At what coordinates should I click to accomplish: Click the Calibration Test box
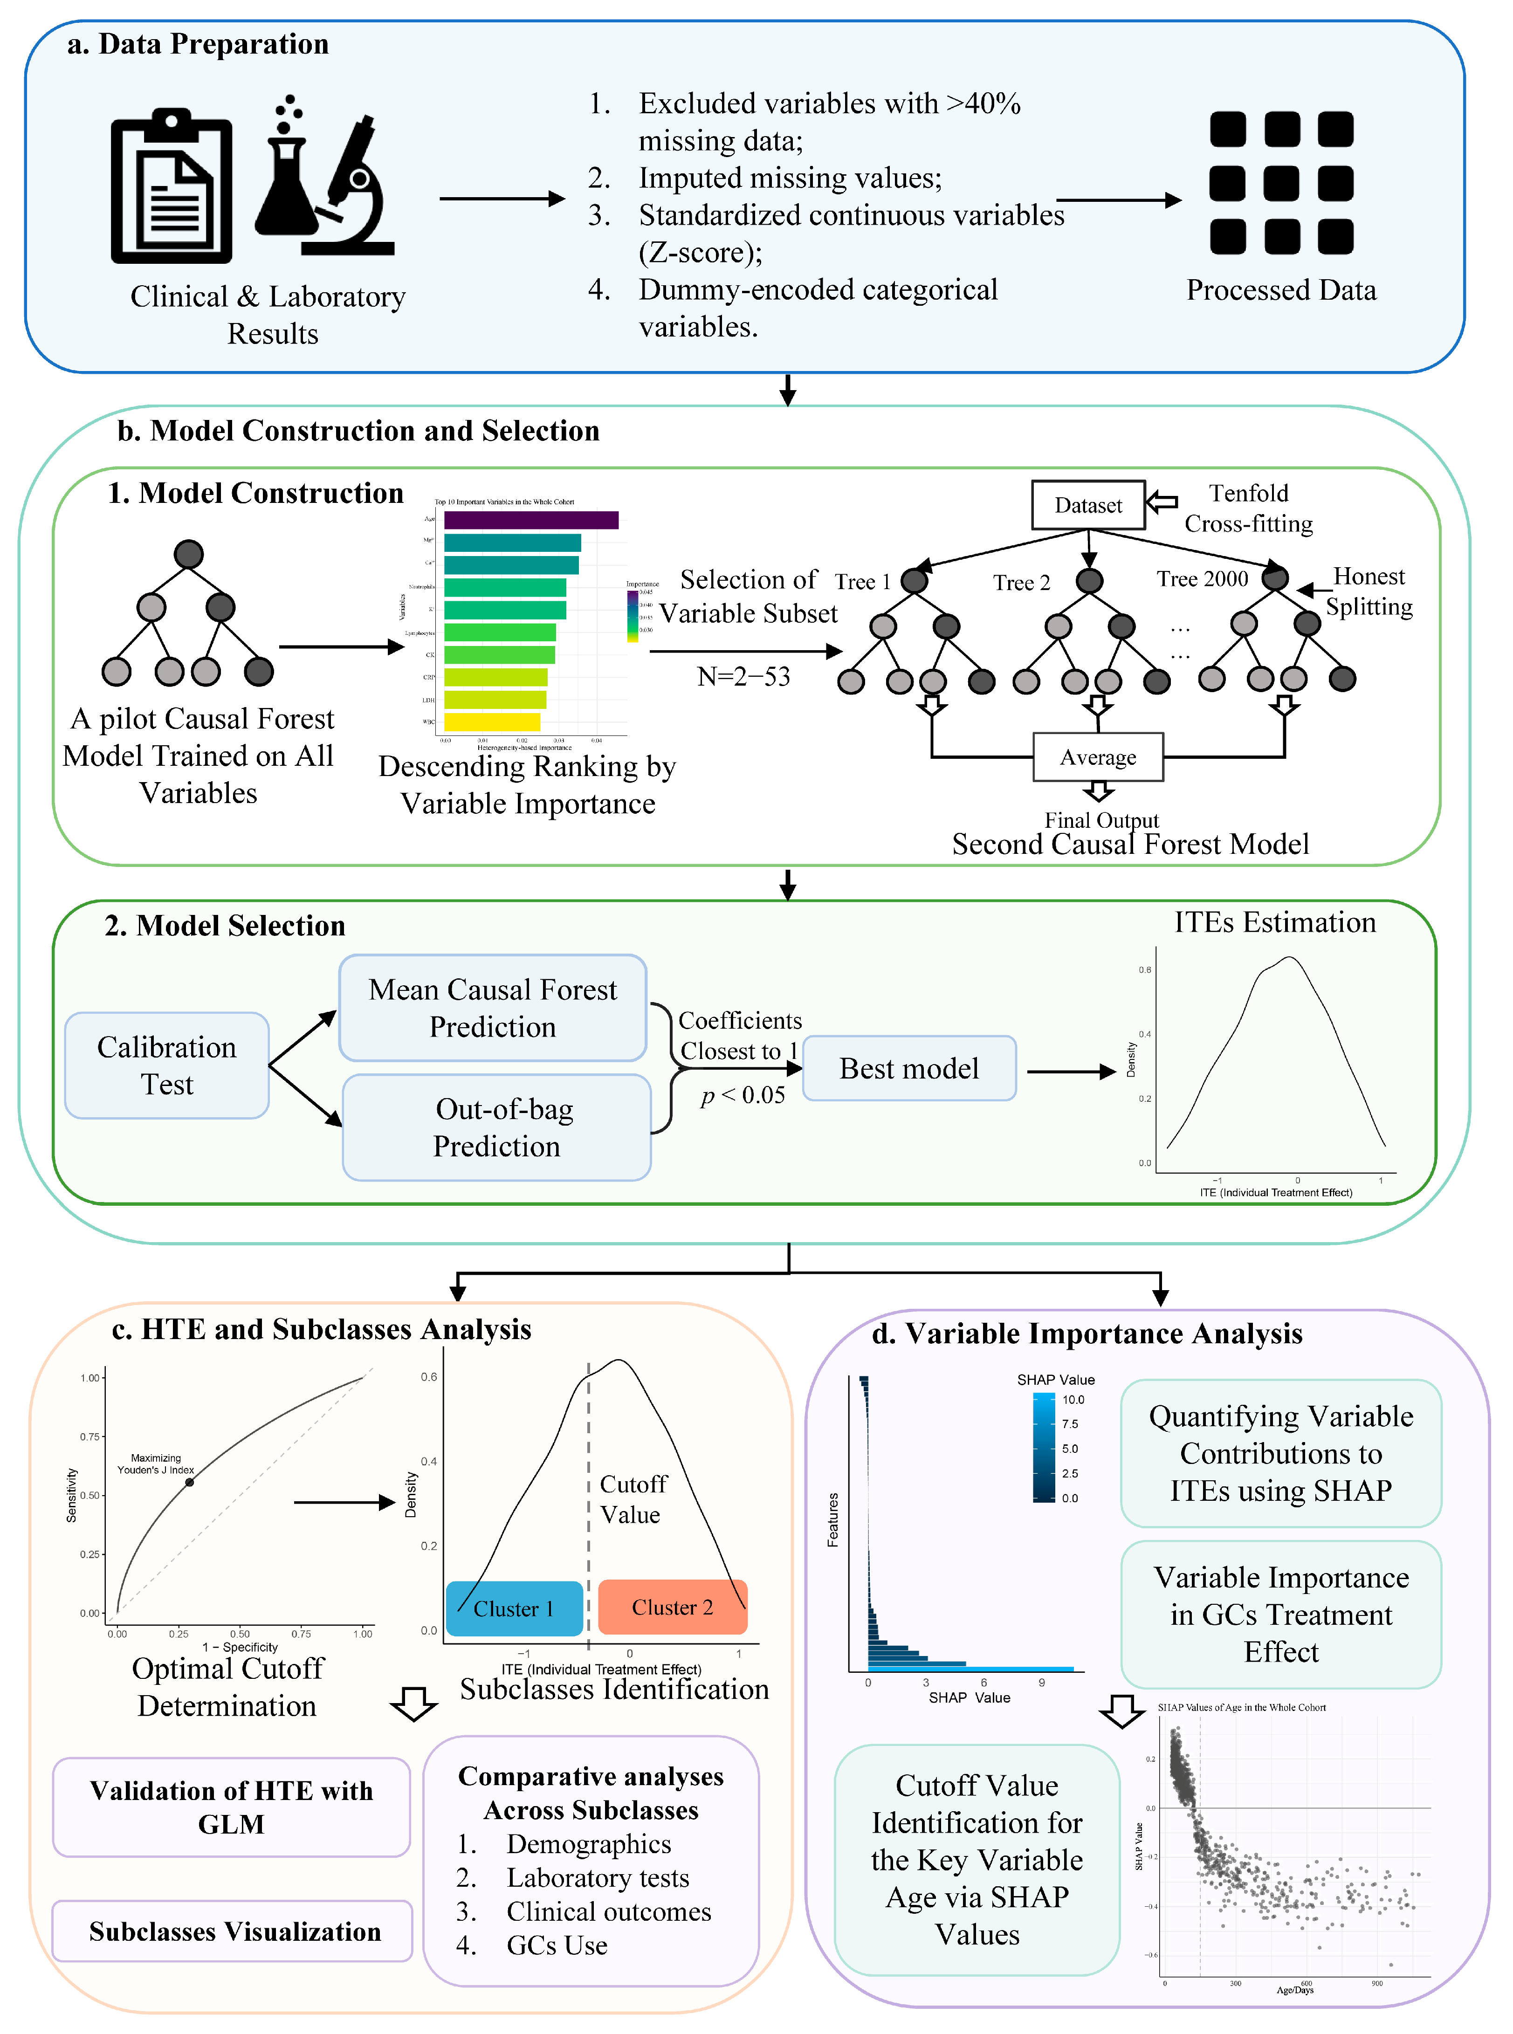167,1065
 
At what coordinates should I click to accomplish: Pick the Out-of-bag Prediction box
496,1127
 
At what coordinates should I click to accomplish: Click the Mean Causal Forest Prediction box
493,1007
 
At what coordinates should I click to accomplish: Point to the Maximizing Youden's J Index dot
190,1482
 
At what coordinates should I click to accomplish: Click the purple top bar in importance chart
531,520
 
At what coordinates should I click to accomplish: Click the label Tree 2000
1202,579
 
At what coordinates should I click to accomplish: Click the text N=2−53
743,677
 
